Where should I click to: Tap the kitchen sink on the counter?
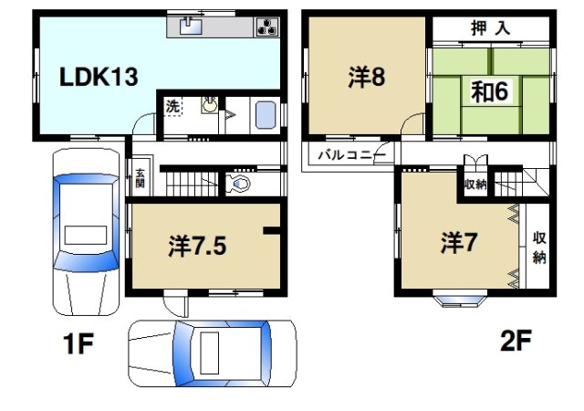[191, 26]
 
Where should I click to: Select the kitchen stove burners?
[266, 26]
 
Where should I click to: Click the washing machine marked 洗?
[172, 106]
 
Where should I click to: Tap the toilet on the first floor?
[240, 185]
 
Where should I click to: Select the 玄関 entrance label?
[140, 179]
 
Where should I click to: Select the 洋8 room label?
[366, 78]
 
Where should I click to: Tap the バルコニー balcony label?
[345, 155]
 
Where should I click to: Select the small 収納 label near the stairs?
[474, 184]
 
